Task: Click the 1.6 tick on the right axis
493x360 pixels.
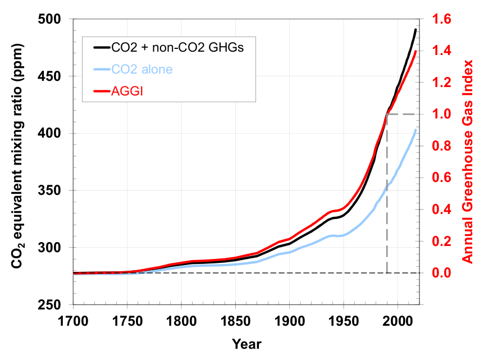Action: click(443, 20)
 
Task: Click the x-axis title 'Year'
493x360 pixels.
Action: click(247, 344)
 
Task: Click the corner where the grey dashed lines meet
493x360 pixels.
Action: click(387, 114)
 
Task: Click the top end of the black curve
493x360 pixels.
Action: click(416, 30)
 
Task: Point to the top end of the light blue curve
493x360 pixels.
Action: click(416, 130)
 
